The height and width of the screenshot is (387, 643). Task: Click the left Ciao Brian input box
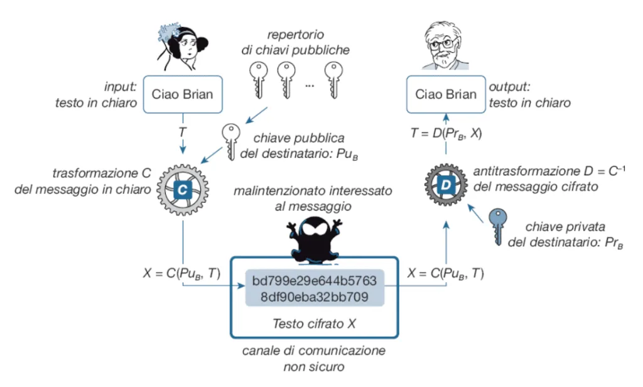pos(182,95)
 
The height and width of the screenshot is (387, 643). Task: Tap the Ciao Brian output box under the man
pos(445,95)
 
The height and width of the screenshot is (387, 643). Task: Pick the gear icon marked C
pos(181,188)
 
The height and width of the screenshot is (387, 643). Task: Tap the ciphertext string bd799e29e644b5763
pos(314,280)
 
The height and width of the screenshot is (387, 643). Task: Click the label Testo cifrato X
pos(314,324)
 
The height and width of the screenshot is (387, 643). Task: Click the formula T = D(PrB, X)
pos(446,133)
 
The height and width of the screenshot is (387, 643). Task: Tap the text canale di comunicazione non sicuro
pos(314,357)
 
